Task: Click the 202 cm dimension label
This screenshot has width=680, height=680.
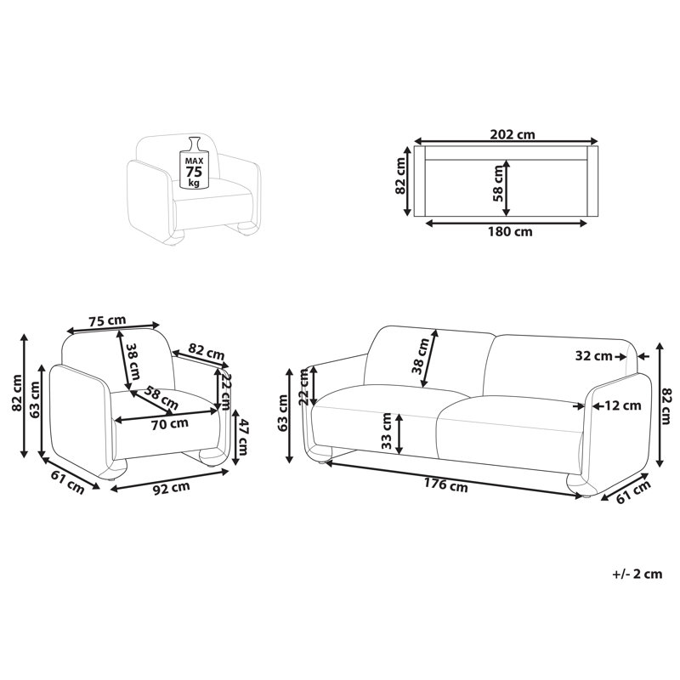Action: pos(513,134)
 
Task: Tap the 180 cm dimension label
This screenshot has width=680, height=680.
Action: pos(509,231)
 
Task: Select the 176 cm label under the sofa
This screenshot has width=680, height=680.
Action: pos(446,484)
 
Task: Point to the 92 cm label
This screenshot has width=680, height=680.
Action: pos(173,488)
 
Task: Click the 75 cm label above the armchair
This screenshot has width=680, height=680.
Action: pos(107,321)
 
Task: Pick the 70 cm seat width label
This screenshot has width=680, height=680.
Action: pos(169,423)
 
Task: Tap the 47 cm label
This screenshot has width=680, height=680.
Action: pos(243,437)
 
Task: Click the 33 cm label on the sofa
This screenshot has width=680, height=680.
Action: pos(386,430)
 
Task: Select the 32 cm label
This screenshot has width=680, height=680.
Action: pos(593,356)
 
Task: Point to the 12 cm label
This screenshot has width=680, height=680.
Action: pos(623,405)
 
